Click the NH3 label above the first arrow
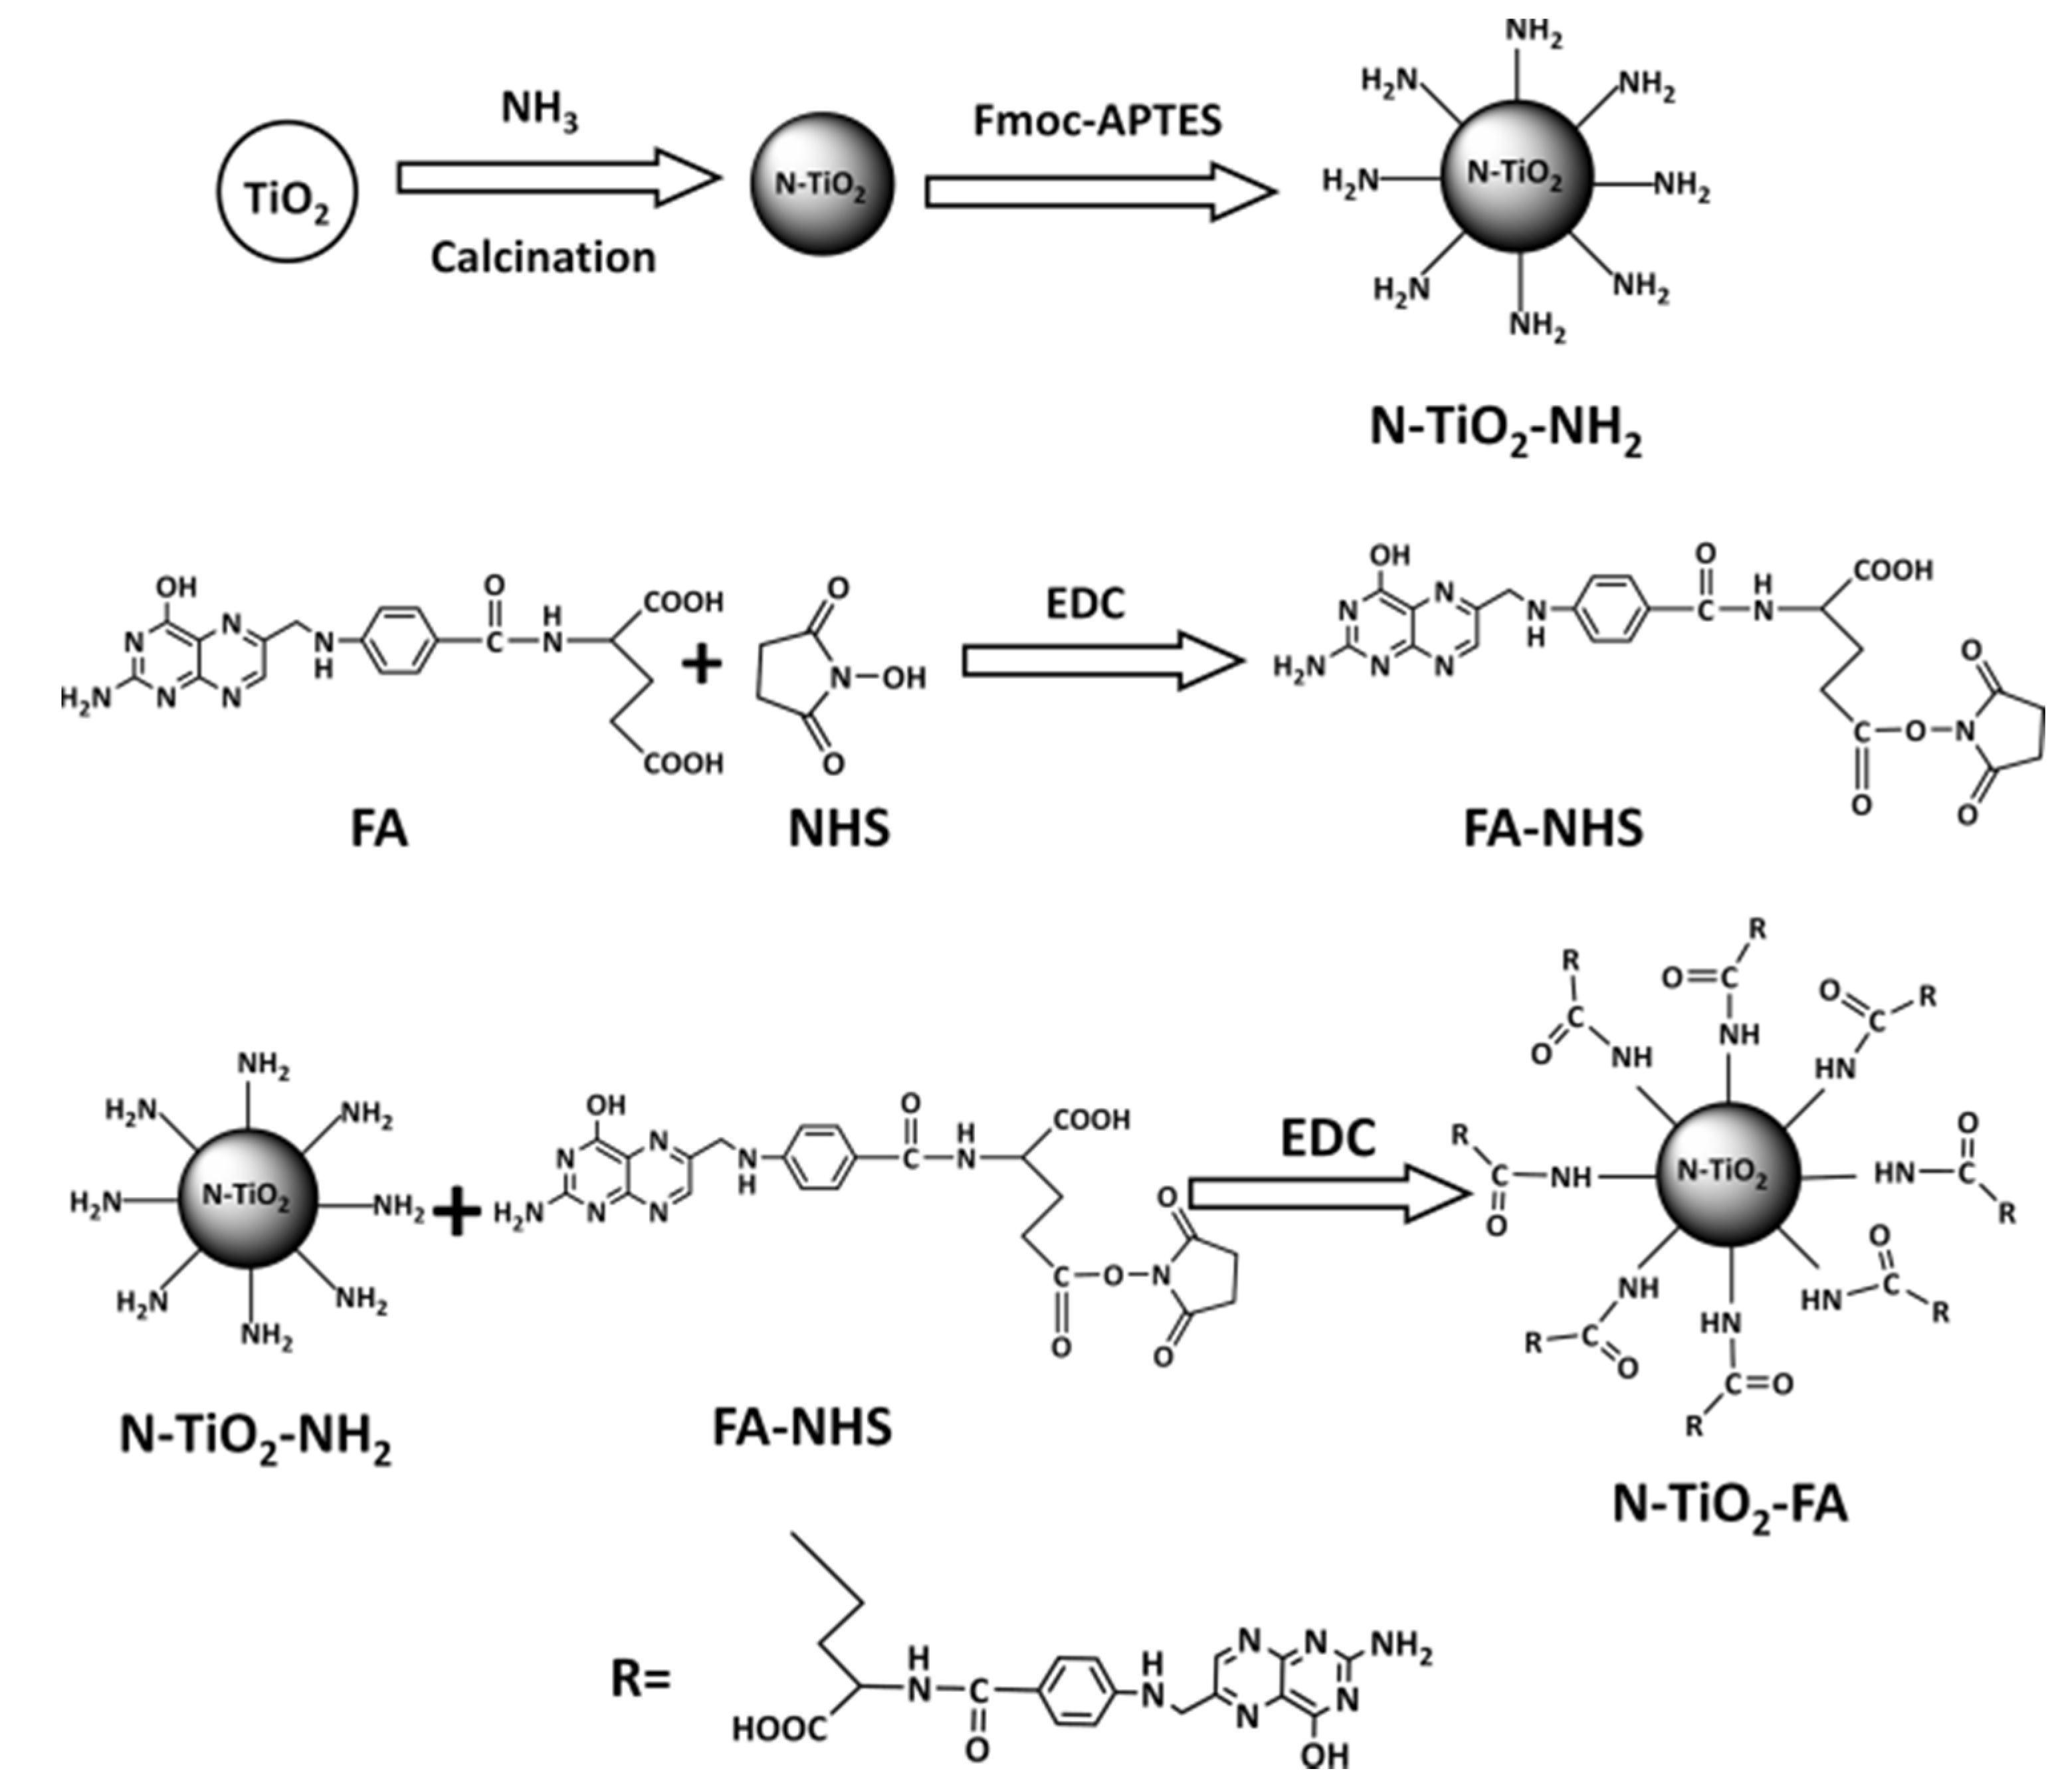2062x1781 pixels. point(538,108)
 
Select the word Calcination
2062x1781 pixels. point(542,258)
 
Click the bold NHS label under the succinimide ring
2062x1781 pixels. point(839,828)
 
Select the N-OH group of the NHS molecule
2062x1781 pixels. point(880,678)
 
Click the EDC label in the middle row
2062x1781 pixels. point(1084,604)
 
